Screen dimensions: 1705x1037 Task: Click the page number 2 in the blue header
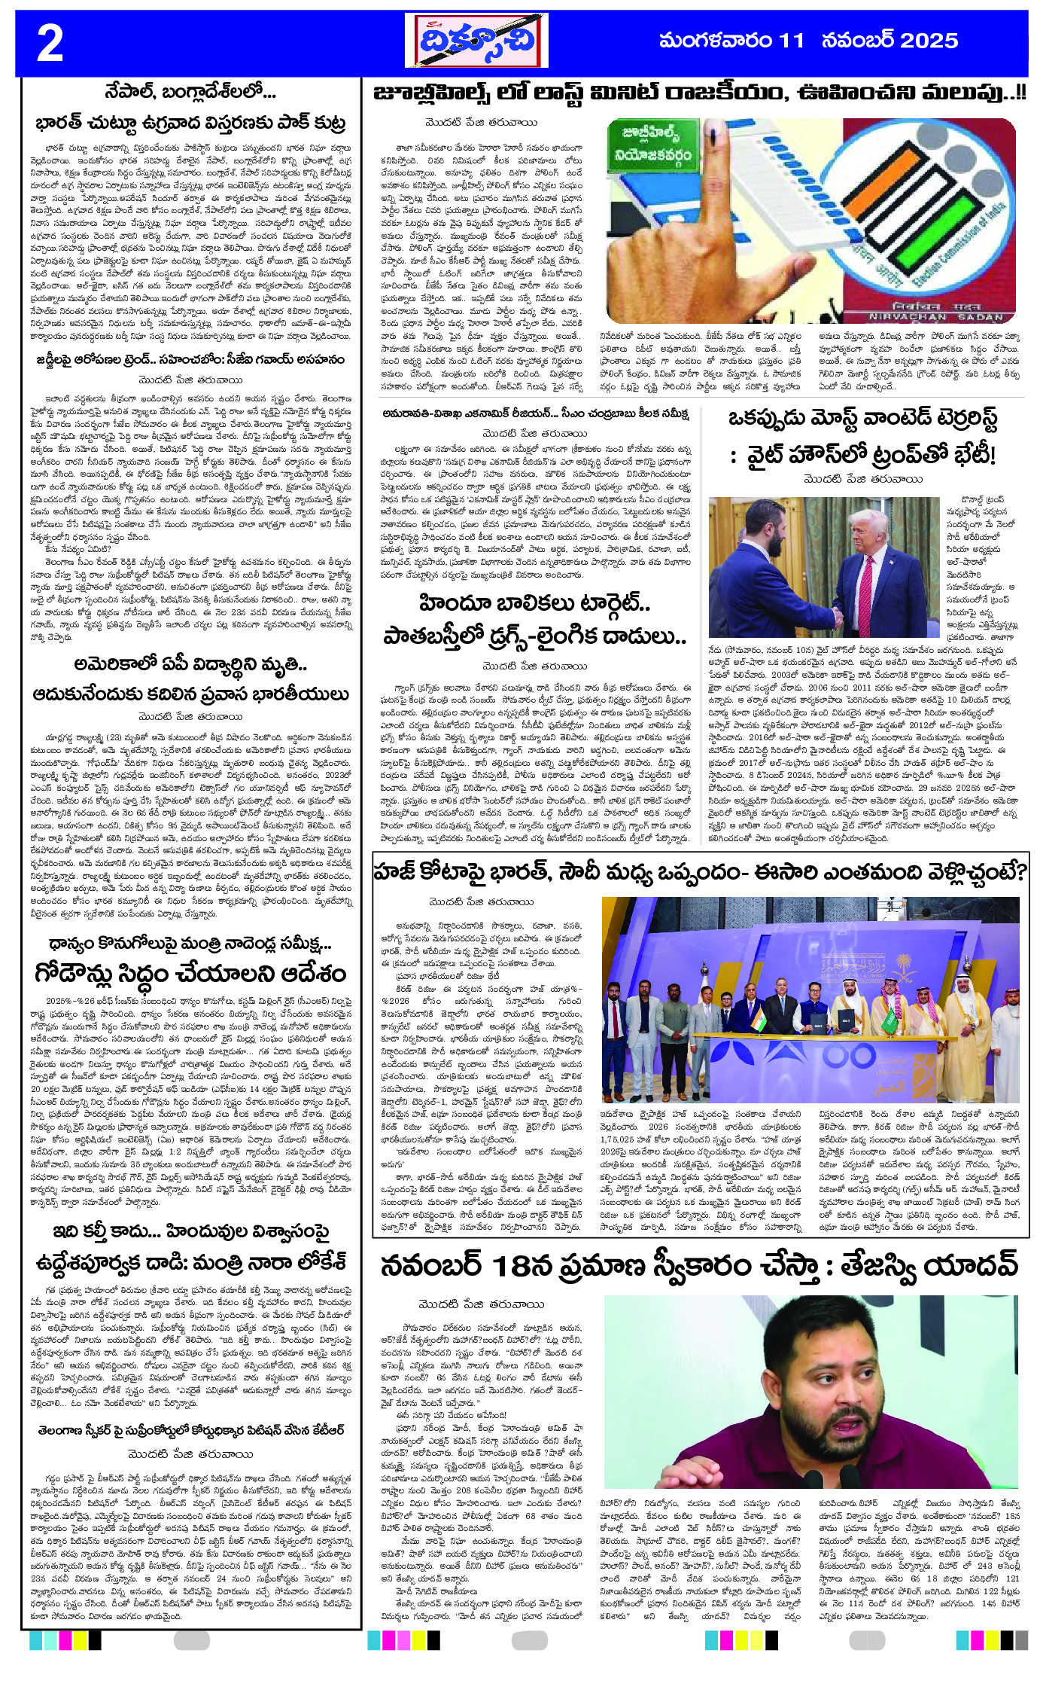pos(50,43)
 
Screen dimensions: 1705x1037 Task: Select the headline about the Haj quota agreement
pos(700,872)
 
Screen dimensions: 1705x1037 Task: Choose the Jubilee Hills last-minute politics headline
pos(700,93)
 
